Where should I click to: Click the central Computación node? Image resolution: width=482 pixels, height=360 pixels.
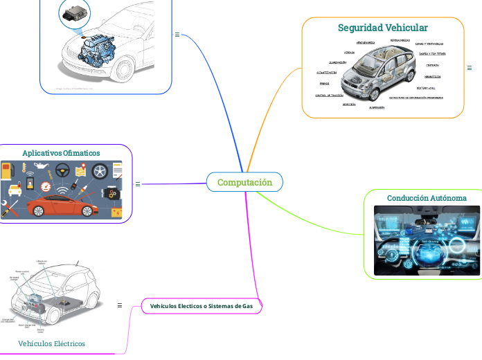tap(244, 182)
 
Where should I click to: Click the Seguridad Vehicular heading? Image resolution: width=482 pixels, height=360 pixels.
tap(382, 28)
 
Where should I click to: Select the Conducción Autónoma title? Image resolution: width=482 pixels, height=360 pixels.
tap(426, 198)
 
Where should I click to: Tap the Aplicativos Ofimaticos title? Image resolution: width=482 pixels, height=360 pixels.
tap(61, 152)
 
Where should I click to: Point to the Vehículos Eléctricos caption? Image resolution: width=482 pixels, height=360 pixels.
tap(51, 343)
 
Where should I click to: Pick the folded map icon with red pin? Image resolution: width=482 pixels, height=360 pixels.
tap(82, 170)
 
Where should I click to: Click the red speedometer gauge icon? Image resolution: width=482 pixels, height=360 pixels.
tap(46, 186)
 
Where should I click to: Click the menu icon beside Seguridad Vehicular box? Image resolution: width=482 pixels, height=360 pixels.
tap(470, 68)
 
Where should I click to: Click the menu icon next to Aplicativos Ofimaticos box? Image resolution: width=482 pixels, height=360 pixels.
tap(138, 184)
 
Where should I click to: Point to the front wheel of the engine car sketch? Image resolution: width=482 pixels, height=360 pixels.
tap(125, 69)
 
